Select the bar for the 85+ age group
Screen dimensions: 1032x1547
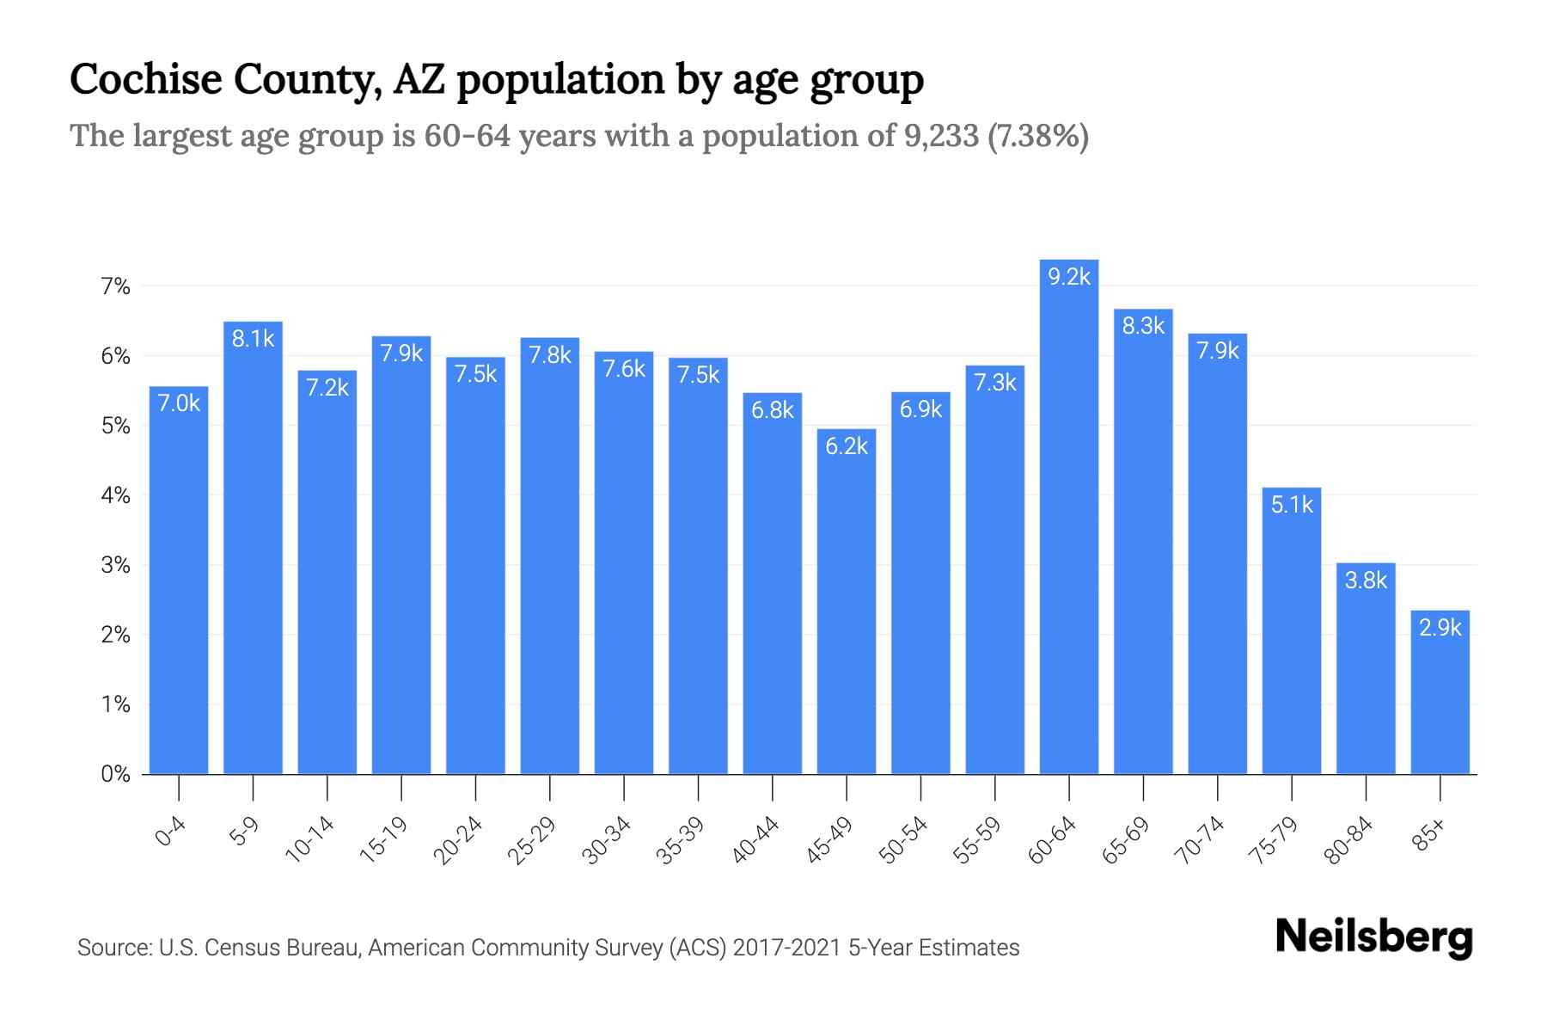[1440, 697]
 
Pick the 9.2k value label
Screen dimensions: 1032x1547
[1068, 277]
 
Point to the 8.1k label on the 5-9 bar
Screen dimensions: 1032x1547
[253, 339]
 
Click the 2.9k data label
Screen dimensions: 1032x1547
[1440, 628]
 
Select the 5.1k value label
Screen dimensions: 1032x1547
[1292, 505]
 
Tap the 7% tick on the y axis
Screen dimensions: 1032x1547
[115, 286]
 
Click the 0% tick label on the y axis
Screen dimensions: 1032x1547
[115, 774]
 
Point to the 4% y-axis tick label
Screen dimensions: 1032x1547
[115, 495]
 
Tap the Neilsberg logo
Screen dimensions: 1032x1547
[1373, 937]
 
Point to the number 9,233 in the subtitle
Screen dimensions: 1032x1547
[941, 136]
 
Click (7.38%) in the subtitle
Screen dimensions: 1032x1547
[1038, 136]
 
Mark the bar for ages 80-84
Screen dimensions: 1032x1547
[1366, 671]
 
